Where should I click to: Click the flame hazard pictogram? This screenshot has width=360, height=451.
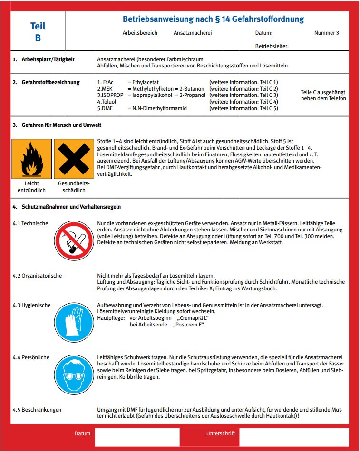click(x=31, y=158)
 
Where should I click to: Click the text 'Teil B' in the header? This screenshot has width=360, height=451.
click(x=38, y=32)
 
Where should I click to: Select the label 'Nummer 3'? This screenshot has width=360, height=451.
click(x=327, y=33)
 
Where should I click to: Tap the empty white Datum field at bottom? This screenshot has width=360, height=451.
click(x=137, y=437)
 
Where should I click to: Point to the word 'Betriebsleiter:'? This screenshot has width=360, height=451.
click(x=272, y=47)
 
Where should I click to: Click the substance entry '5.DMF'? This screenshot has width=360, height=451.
click(x=105, y=108)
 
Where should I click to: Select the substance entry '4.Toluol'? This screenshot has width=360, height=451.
click(x=107, y=102)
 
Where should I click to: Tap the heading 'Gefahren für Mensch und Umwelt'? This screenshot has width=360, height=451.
click(x=61, y=125)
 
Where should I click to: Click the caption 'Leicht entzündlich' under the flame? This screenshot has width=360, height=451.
click(x=31, y=187)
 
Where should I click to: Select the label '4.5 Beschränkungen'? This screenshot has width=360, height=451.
click(x=37, y=410)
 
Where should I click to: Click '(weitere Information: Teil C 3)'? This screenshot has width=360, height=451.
click(x=243, y=95)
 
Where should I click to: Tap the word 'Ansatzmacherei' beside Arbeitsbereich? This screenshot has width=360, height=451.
click(x=193, y=33)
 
